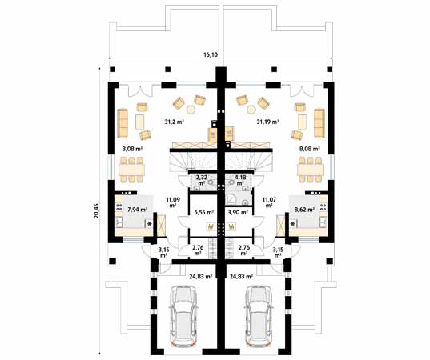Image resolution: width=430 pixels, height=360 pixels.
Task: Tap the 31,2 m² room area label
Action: coord(175,122)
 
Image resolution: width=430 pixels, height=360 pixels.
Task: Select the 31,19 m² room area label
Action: coord(267,122)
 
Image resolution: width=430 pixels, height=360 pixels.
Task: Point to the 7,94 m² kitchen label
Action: coord(138,210)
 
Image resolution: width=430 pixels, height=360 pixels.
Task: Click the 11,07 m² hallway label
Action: coord(269,201)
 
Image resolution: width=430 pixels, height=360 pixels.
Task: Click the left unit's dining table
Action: coord(132,168)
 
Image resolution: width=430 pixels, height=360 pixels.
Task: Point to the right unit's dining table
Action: coord(309,168)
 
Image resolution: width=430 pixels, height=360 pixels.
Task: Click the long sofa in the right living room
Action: coord(318,122)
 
